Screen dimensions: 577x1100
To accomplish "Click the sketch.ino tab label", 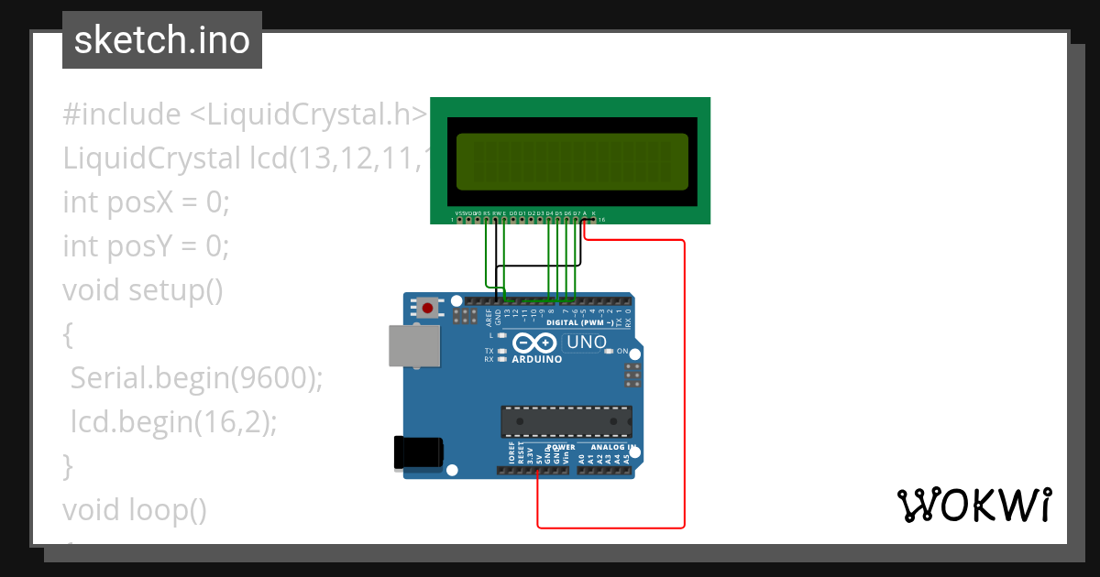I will click(162, 40).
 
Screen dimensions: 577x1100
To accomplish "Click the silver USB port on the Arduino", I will click(413, 346).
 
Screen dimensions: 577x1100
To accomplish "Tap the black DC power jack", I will click(418, 452).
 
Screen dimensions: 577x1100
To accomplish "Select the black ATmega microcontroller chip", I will click(566, 421).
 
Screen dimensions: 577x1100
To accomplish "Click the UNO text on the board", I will click(587, 343).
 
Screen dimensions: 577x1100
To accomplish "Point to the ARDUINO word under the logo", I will click(537, 360).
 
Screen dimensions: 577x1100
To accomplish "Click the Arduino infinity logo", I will click(534, 343).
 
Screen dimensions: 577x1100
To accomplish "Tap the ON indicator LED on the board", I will click(609, 352).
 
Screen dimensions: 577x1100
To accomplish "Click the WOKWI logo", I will click(973, 505).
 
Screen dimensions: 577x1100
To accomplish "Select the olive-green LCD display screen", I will click(570, 161).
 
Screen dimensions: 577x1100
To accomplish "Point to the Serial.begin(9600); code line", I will click(196, 377).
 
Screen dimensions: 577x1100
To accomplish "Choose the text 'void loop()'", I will click(135, 509).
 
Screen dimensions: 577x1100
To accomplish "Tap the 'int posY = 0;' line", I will click(146, 245).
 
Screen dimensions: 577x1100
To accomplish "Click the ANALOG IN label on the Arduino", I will click(609, 448).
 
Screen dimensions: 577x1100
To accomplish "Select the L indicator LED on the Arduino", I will click(501, 336).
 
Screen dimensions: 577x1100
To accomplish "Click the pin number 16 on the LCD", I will click(601, 221).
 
